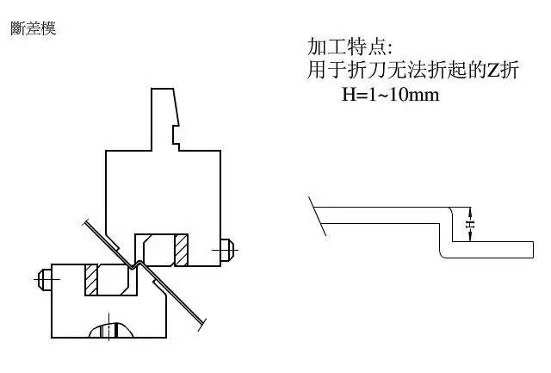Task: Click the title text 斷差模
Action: point(34,28)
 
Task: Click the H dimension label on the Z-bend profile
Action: point(470,224)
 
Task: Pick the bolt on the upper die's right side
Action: point(226,250)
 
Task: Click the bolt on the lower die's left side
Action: point(43,279)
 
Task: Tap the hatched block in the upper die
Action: point(181,251)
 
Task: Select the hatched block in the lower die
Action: point(91,281)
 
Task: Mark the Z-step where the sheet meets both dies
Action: point(134,264)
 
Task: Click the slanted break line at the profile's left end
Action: point(318,215)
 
